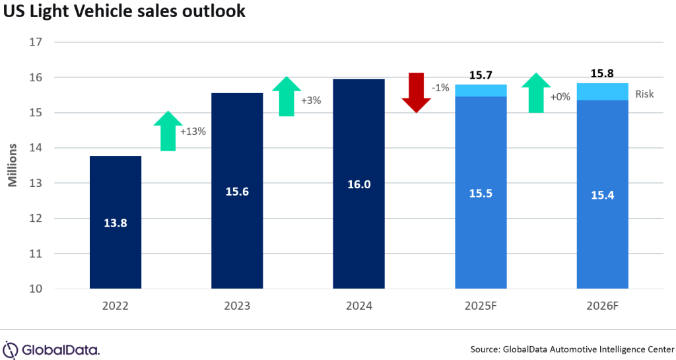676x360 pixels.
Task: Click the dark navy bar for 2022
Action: click(116, 198)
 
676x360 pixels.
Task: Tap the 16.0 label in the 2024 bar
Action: click(358, 184)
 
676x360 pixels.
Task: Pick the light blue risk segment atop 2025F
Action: click(481, 90)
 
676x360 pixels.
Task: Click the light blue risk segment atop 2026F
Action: click(602, 92)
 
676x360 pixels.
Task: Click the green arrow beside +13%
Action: click(168, 131)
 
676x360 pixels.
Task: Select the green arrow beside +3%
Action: click(286, 96)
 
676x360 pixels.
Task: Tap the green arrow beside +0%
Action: click(536, 92)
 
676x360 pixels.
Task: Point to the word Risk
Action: click(644, 94)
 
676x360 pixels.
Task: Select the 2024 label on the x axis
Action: click(358, 306)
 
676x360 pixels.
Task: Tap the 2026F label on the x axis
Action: click(602, 306)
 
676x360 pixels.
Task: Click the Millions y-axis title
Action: click(13, 165)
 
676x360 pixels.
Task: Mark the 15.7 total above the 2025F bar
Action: click(481, 76)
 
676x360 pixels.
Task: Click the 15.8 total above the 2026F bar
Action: click(602, 74)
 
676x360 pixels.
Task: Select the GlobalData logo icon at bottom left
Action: click(11, 349)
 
